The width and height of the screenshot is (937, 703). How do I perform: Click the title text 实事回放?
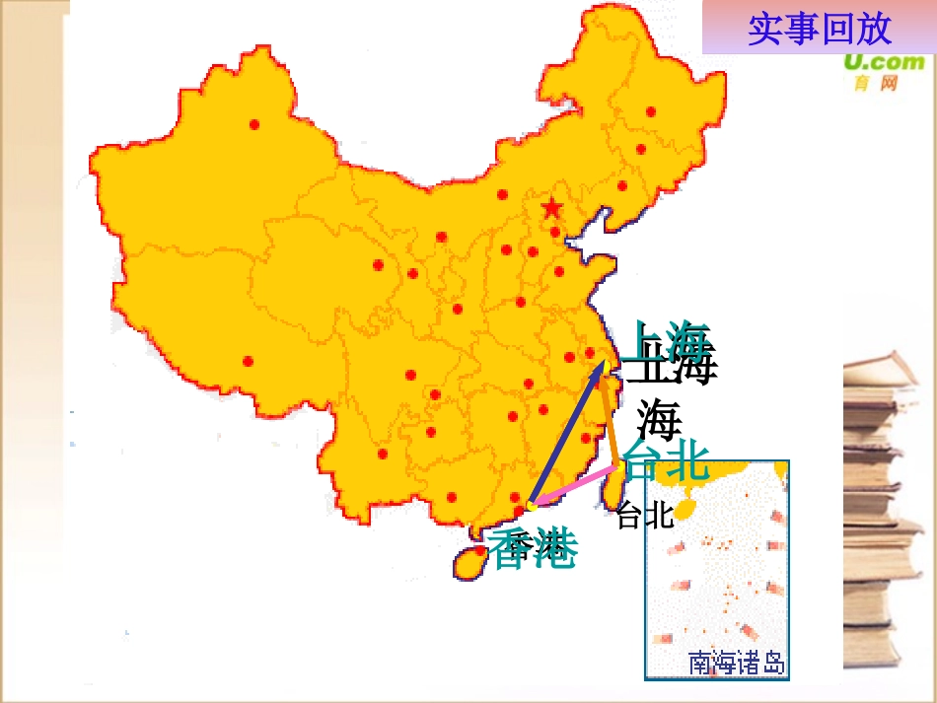point(819,29)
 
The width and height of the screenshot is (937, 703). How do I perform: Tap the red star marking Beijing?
point(551,208)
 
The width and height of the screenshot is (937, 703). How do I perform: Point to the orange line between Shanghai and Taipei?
point(612,419)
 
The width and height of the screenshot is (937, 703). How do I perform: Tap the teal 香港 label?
point(533,550)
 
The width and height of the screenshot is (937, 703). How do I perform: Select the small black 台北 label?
point(644,515)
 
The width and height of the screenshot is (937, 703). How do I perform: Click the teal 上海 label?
point(671,342)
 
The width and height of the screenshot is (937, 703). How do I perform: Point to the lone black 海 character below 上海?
point(659,420)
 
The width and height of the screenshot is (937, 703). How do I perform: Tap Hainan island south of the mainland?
point(470,563)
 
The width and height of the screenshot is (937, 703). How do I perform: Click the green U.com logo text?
point(884,63)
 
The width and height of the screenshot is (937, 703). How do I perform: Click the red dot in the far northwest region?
point(254,124)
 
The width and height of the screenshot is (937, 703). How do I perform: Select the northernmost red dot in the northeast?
point(650,111)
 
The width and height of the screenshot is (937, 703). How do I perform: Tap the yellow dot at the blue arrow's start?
point(531,506)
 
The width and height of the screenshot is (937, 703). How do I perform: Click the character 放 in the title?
point(873,29)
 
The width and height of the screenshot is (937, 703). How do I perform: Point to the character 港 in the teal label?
point(554,550)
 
